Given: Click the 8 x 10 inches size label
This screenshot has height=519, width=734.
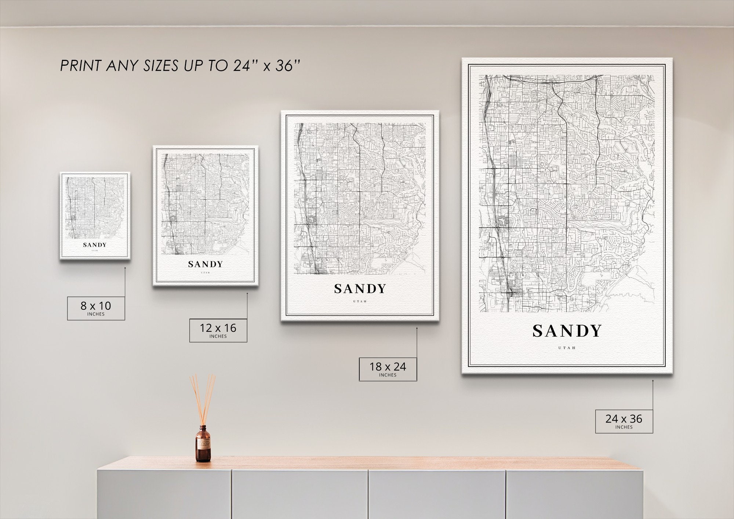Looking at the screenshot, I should pyautogui.click(x=96, y=308).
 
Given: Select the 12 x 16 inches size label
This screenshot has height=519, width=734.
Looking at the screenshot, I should pyautogui.click(x=218, y=330).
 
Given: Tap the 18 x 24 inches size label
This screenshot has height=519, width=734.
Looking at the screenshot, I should pyautogui.click(x=388, y=369).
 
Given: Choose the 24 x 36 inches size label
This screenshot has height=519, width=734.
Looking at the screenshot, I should pyautogui.click(x=624, y=421).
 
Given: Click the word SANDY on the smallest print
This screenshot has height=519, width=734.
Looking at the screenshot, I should pyautogui.click(x=95, y=245).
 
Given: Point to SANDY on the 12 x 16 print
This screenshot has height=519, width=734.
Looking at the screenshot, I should pyautogui.click(x=206, y=264).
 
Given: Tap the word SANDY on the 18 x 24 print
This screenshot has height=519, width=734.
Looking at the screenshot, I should pyautogui.click(x=360, y=289).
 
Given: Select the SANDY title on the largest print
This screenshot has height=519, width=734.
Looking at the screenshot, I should pyautogui.click(x=567, y=331).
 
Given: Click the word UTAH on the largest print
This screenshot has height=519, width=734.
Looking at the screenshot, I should pyautogui.click(x=567, y=348).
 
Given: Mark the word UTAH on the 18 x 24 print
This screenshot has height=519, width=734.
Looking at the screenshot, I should pyautogui.click(x=360, y=302).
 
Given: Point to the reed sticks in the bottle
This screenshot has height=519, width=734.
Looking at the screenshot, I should pyautogui.click(x=203, y=398).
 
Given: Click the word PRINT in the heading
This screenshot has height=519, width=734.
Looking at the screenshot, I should pyautogui.click(x=80, y=66).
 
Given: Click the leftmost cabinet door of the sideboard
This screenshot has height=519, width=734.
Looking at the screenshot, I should pyautogui.click(x=164, y=494).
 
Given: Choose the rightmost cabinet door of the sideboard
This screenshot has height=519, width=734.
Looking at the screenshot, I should pyautogui.click(x=574, y=494).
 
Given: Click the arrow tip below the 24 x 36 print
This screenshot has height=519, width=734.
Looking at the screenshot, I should pyautogui.click(x=653, y=381).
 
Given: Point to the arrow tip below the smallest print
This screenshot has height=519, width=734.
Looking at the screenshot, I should pyautogui.click(x=125, y=268).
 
